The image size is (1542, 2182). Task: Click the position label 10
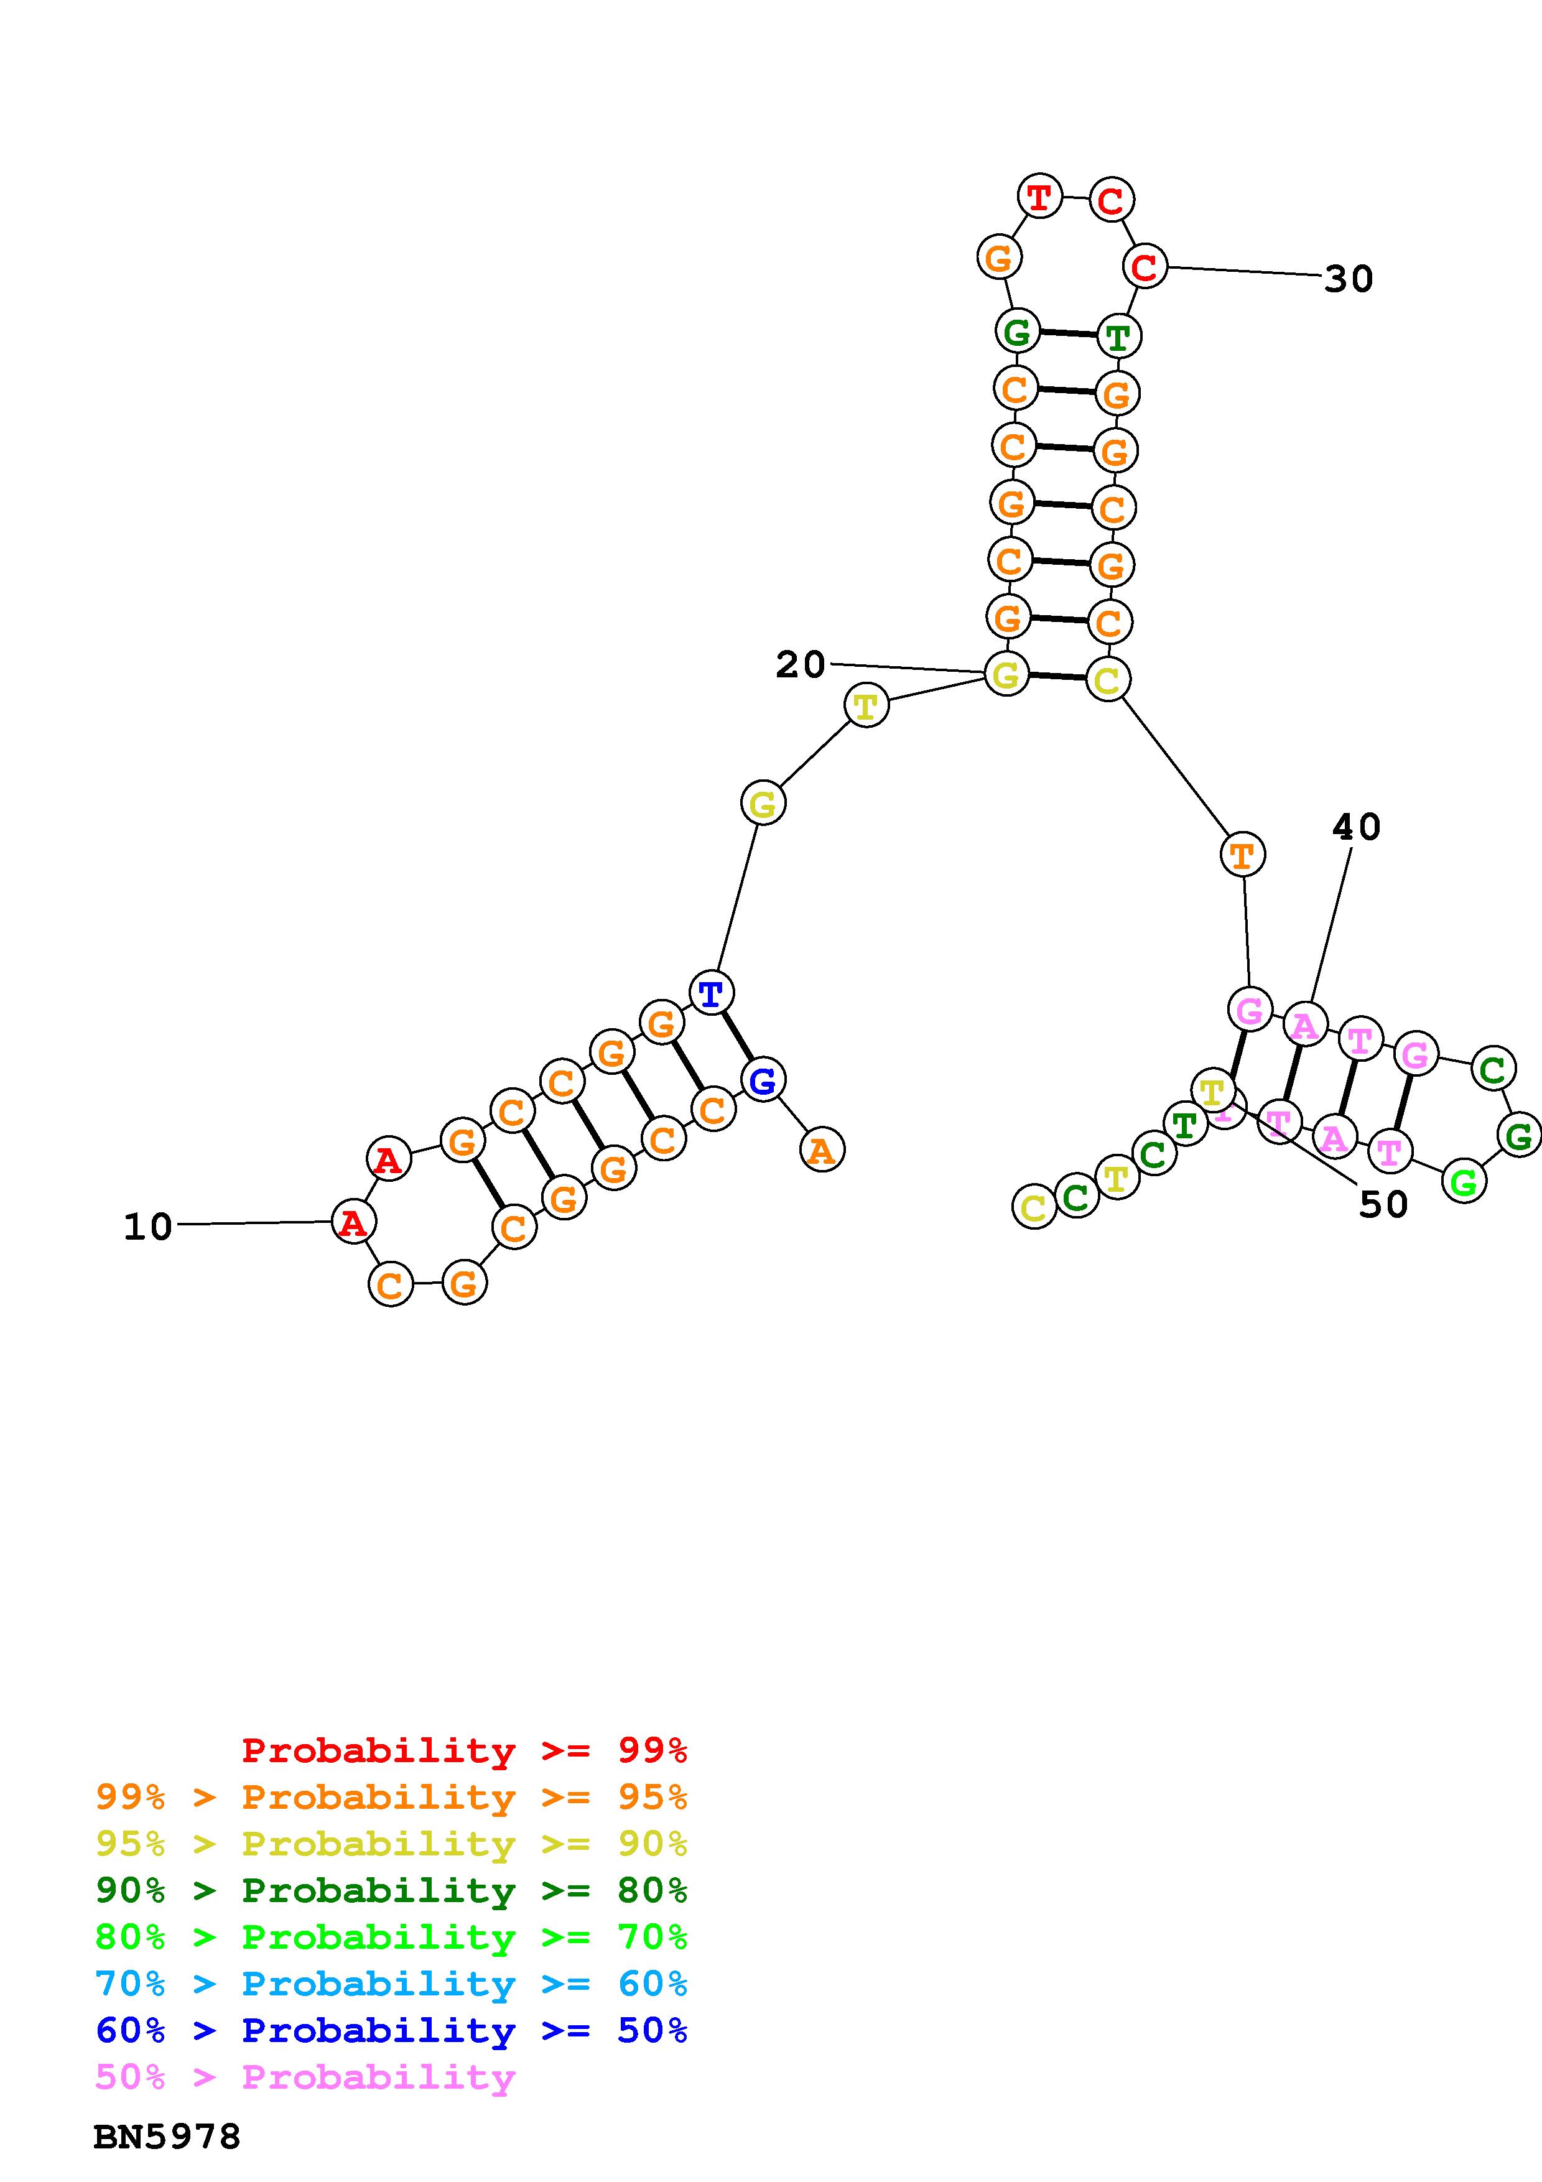tap(148, 1227)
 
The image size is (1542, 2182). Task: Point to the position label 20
tap(800, 664)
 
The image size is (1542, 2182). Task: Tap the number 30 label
tap(1348, 279)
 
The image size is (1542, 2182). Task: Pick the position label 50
tap(1383, 1204)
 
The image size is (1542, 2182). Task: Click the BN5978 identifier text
tap(167, 2137)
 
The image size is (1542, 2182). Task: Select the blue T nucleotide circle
tap(711, 994)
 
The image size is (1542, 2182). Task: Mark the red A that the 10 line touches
tap(353, 1222)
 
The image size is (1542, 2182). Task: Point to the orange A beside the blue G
tap(822, 1151)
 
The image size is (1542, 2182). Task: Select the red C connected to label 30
tap(1145, 266)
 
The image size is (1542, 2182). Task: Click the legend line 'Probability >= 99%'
tap(465, 1750)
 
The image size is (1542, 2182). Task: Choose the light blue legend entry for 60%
tap(391, 1984)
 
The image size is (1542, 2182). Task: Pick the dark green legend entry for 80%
tap(391, 1890)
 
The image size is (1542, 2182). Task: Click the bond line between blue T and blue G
tap(737, 1037)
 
